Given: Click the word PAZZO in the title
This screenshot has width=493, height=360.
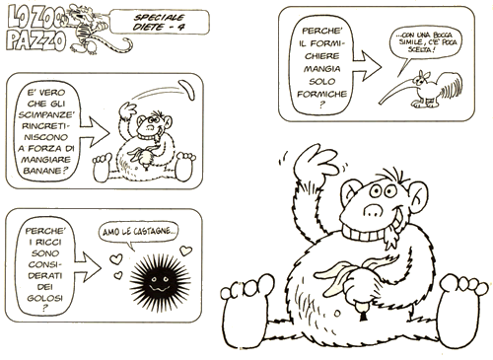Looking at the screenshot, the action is (36, 40).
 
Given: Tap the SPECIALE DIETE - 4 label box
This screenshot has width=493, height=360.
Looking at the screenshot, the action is (160, 22).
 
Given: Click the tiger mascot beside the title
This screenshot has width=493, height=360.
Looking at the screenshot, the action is (96, 30).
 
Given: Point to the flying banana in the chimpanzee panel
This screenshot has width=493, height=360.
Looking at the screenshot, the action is (187, 90).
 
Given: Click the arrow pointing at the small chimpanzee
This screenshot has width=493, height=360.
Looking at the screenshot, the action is (95, 132).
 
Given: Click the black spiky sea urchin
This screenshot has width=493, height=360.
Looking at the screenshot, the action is (160, 280).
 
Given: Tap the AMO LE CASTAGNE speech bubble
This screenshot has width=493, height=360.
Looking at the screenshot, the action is (139, 233).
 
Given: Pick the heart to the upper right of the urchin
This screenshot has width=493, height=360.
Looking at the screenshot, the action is (185, 251).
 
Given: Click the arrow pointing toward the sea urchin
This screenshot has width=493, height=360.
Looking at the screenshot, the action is (88, 267).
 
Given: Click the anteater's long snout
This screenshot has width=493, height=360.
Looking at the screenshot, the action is (396, 92).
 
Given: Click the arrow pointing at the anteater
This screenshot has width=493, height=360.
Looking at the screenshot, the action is (368, 66).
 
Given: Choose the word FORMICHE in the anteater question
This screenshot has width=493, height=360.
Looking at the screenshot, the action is (322, 94).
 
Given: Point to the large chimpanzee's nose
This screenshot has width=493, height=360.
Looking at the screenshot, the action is (373, 210).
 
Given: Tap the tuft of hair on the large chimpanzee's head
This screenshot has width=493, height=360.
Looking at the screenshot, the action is (392, 175).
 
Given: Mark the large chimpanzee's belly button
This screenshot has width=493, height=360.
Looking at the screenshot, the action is (337, 314).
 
